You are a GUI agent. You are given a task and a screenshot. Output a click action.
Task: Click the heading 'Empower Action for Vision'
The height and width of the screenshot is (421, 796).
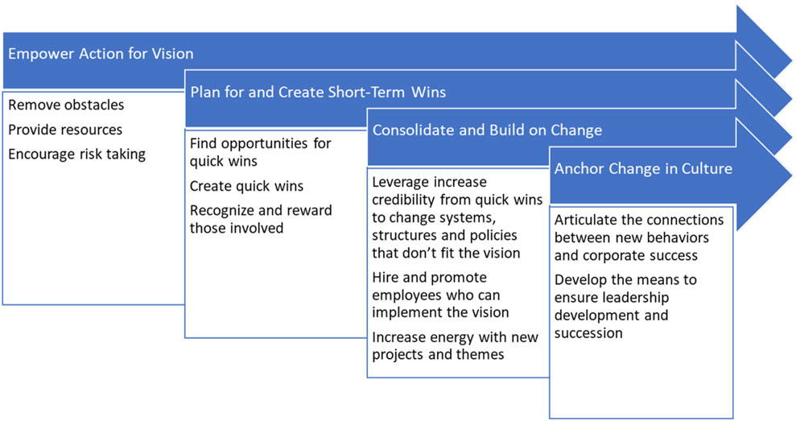point(101,53)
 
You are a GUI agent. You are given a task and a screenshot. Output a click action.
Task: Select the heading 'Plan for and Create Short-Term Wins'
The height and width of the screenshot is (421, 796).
point(318,92)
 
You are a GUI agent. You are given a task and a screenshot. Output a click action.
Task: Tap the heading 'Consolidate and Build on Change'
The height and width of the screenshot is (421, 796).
point(487,130)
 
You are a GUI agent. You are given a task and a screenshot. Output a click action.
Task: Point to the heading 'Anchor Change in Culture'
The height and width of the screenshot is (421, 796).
point(643,168)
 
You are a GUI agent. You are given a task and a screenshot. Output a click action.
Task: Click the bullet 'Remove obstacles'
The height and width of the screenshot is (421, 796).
point(66,105)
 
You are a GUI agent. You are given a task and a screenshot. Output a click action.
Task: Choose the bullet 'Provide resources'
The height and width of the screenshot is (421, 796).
point(65,130)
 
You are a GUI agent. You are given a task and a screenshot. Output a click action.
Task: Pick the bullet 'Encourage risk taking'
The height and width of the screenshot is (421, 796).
point(76,155)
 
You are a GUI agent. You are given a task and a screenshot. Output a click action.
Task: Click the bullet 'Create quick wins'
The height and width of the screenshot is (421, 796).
point(246,186)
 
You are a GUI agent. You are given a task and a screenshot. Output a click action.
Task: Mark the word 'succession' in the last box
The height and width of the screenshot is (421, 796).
point(588,333)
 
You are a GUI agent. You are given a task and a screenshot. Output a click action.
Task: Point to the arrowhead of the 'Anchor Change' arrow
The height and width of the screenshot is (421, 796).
point(764,174)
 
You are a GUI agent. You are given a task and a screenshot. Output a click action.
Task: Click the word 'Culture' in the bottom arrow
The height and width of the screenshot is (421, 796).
point(707,168)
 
